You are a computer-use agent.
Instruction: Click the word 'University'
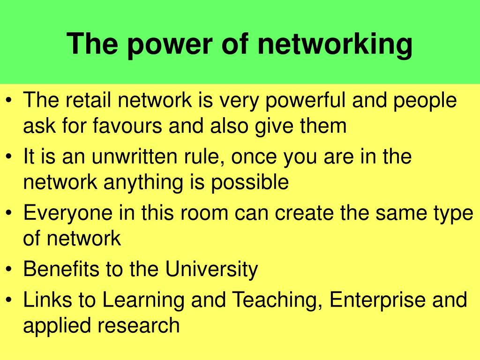(211, 269)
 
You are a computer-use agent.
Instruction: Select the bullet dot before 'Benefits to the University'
(10, 270)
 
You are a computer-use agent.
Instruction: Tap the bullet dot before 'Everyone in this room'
(10, 213)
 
